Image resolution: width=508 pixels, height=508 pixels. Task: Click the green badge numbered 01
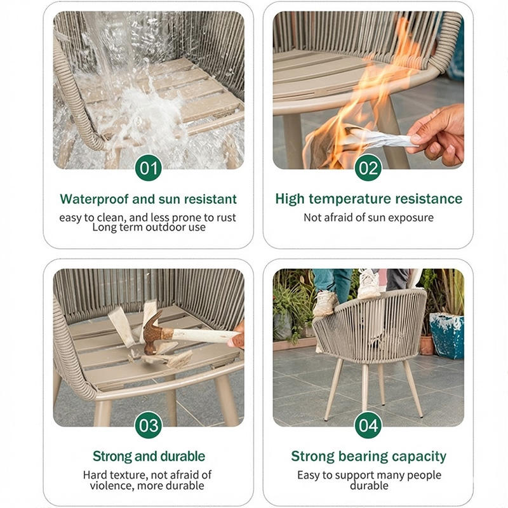point(149,168)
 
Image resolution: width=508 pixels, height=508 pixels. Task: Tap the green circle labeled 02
point(368,168)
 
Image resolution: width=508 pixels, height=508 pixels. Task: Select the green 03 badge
point(149,425)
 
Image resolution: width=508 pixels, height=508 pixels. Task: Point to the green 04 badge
point(368,425)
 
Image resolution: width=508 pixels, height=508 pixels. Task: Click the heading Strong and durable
point(149,456)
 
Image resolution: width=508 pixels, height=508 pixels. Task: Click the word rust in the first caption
point(226,218)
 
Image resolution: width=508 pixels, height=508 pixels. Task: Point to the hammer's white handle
point(204,336)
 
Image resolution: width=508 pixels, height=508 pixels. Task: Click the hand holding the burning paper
point(438,135)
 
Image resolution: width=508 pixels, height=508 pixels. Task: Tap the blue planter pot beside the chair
point(447,336)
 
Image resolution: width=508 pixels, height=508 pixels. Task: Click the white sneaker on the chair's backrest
point(369,284)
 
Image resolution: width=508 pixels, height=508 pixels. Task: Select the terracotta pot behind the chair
point(427,345)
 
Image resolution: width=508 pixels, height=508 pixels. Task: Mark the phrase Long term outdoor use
point(149,227)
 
